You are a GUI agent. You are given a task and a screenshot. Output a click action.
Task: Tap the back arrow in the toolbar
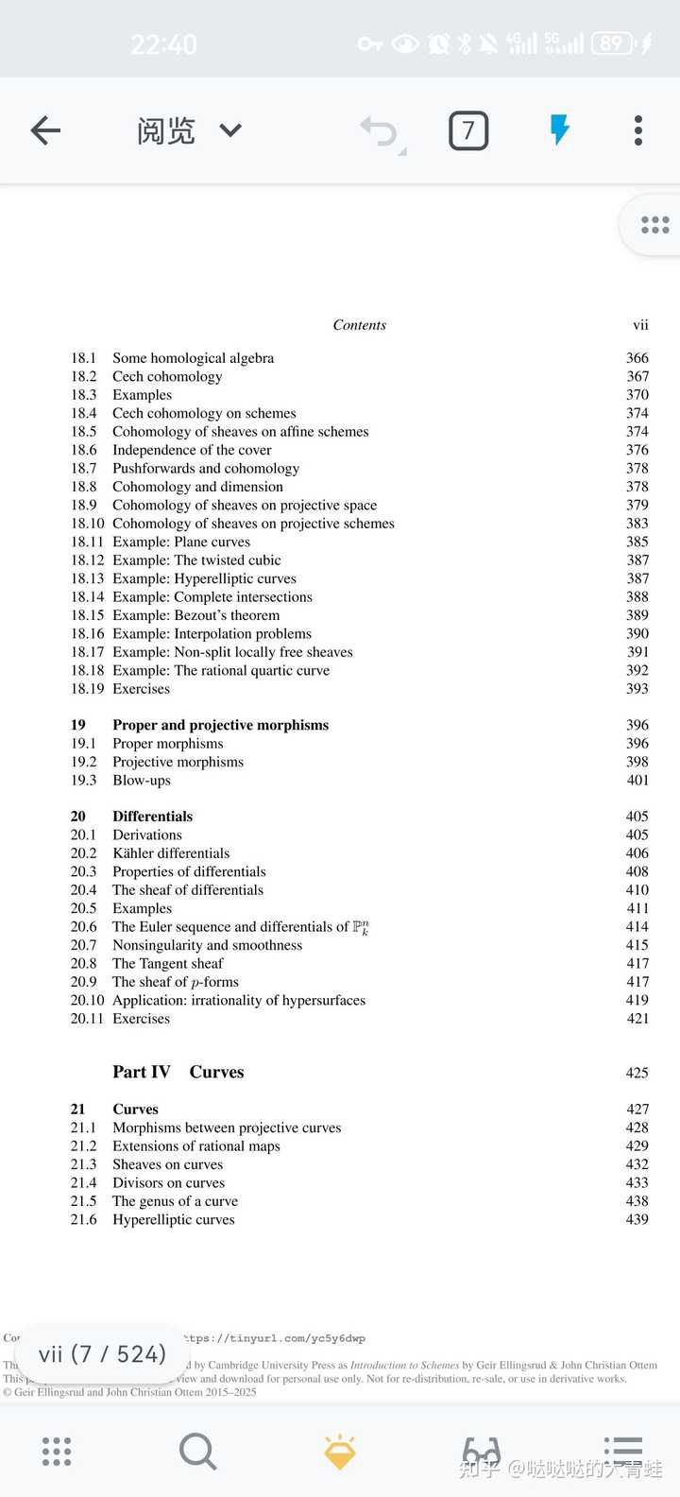(45, 130)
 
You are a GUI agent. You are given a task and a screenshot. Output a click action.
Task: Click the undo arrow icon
(380, 131)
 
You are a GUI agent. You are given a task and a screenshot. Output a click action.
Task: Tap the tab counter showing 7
(468, 130)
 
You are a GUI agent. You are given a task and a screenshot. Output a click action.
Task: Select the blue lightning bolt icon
(559, 130)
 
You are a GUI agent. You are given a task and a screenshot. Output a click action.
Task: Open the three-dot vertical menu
(638, 130)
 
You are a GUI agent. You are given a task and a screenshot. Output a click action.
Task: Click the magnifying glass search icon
(197, 1451)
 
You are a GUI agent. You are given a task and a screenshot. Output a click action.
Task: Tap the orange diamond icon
(340, 1452)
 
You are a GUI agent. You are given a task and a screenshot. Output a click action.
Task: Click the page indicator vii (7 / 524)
(102, 1354)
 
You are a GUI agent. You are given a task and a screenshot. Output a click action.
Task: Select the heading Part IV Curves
(178, 1072)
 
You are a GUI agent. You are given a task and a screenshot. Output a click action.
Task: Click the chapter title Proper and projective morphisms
(220, 725)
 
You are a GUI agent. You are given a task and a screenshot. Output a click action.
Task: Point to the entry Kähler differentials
(171, 853)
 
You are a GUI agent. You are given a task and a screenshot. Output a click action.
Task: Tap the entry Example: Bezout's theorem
(195, 615)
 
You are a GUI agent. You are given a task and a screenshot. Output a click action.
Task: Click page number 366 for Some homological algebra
(637, 358)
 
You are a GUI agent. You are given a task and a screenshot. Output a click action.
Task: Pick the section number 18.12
(87, 560)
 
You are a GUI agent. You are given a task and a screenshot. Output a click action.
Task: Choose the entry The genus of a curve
(175, 1201)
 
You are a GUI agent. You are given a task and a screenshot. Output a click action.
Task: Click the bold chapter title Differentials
(152, 817)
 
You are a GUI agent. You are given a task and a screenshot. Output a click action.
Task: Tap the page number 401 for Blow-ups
(637, 781)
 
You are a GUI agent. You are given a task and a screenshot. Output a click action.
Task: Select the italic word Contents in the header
(359, 325)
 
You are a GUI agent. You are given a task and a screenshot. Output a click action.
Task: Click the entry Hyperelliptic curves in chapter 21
(173, 1220)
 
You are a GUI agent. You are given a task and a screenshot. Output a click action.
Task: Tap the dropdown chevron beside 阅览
(230, 130)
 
